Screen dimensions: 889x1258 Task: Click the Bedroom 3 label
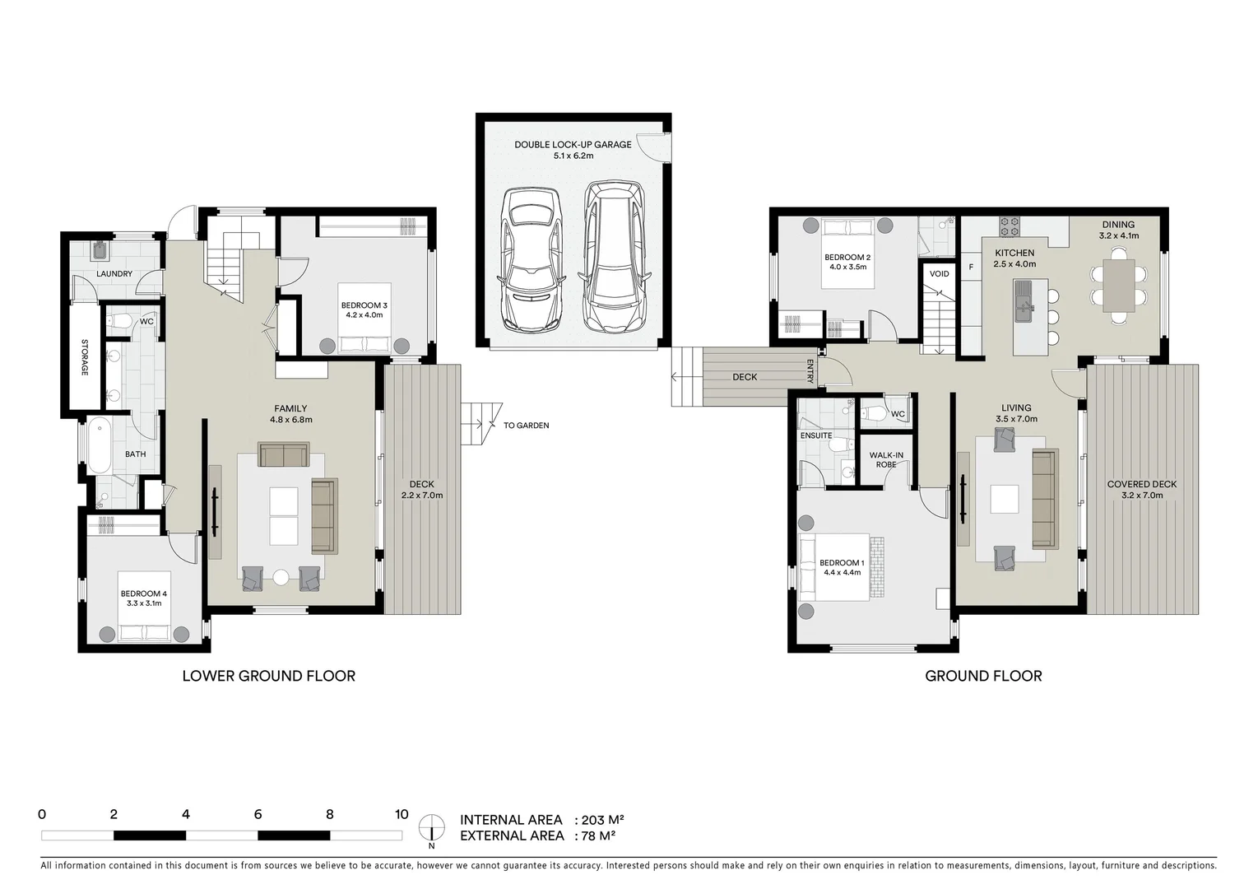(364, 310)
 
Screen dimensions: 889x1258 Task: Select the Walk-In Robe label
(886, 459)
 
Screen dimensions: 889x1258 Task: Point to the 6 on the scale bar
(258, 815)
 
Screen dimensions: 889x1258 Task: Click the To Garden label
(526, 426)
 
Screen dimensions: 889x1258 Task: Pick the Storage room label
(84, 358)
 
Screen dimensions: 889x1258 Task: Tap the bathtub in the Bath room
(100, 445)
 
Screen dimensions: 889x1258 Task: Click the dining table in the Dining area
(1118, 285)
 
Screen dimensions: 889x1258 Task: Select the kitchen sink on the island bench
(1025, 300)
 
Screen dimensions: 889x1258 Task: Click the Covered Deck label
(1141, 489)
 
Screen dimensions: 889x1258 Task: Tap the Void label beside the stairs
(939, 274)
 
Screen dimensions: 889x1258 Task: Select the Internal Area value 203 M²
(602, 820)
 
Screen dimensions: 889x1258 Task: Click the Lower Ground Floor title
(268, 676)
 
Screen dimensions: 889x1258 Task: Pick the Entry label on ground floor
(810, 371)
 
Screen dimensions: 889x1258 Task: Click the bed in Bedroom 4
(145, 632)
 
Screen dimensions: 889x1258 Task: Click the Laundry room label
(114, 274)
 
